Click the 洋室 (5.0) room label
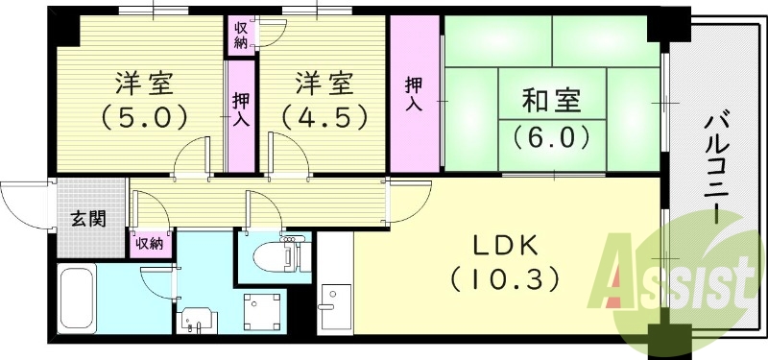point(145,100)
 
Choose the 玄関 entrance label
point(87,219)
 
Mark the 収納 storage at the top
point(241,34)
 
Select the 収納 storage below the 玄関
point(149,244)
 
